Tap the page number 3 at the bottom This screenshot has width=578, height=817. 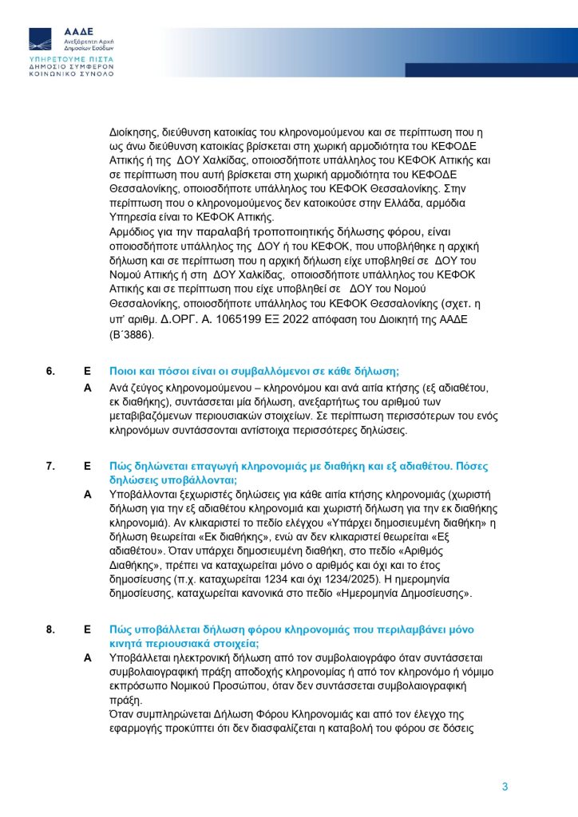click(505, 787)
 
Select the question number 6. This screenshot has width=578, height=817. click(49, 371)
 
